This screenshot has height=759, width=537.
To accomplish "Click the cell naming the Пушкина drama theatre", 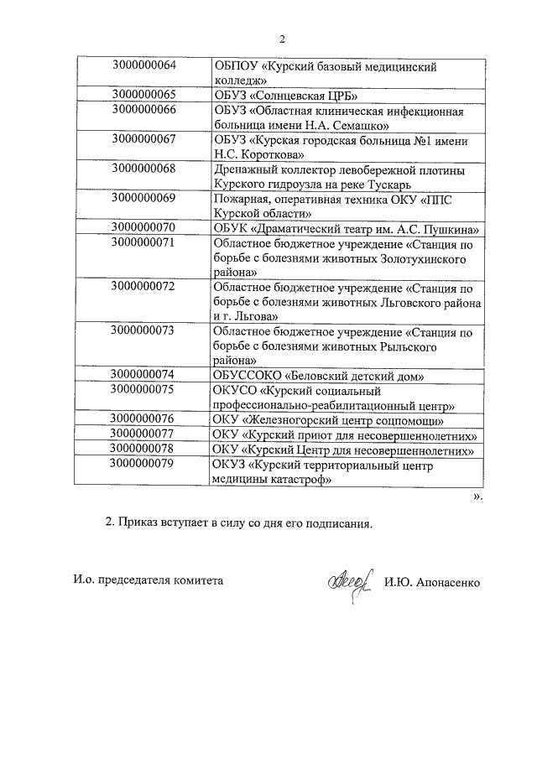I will tap(347, 228).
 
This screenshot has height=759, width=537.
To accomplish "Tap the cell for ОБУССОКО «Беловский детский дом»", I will tap(320, 374).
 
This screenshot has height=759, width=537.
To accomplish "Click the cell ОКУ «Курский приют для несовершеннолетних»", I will tap(346, 434).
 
